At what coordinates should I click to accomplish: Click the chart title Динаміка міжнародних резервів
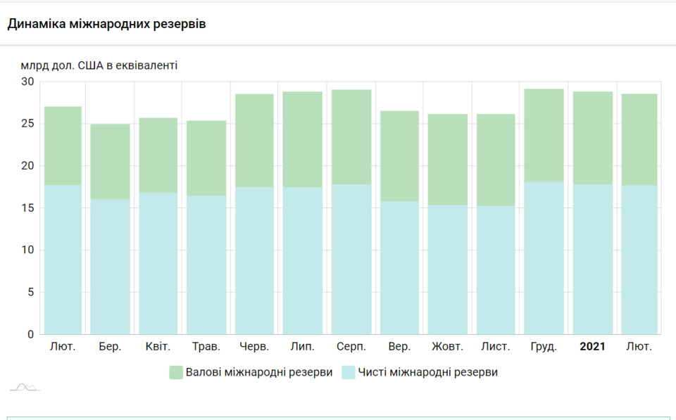[106, 24]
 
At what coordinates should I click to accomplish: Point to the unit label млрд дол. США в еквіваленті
[99, 66]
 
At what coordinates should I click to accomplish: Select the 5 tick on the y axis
[30, 293]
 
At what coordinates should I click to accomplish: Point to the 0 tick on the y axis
[30, 335]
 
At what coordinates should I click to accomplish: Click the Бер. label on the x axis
[110, 347]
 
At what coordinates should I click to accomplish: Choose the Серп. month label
[351, 347]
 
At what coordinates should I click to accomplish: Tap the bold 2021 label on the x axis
[592, 347]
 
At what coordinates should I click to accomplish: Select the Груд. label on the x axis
[544, 347]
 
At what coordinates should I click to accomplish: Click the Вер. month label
[399, 347]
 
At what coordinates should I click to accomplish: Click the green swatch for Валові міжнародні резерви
[176, 372]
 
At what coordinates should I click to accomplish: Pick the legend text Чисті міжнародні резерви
[427, 372]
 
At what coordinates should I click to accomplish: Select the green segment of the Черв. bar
[255, 141]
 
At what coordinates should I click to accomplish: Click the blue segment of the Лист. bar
[496, 271]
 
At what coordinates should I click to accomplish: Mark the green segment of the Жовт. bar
[448, 160]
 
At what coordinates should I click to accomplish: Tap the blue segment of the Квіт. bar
[158, 264]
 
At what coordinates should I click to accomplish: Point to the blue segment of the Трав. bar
[206, 265]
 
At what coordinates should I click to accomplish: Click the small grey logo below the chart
[25, 387]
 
